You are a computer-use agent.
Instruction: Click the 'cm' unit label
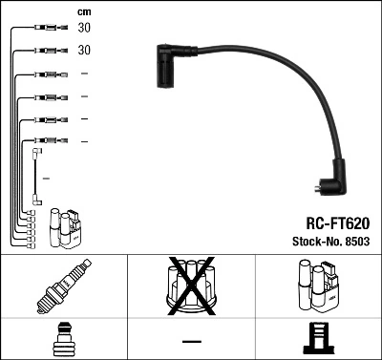pyautogui.click(x=83, y=11)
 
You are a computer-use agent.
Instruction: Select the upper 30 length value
pyautogui.click(x=84, y=28)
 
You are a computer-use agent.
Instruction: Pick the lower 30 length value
pyautogui.click(x=84, y=50)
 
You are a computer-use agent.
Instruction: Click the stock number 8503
pyautogui.click(x=356, y=241)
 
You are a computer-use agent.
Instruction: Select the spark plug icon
pyautogui.click(x=63, y=287)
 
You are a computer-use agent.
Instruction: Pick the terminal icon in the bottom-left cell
pyautogui.click(x=63, y=340)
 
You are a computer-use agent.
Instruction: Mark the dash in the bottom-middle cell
pyautogui.click(x=191, y=341)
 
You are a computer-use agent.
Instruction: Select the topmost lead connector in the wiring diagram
pyautogui.click(x=46, y=29)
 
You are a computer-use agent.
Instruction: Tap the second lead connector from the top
pyautogui.click(x=46, y=51)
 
